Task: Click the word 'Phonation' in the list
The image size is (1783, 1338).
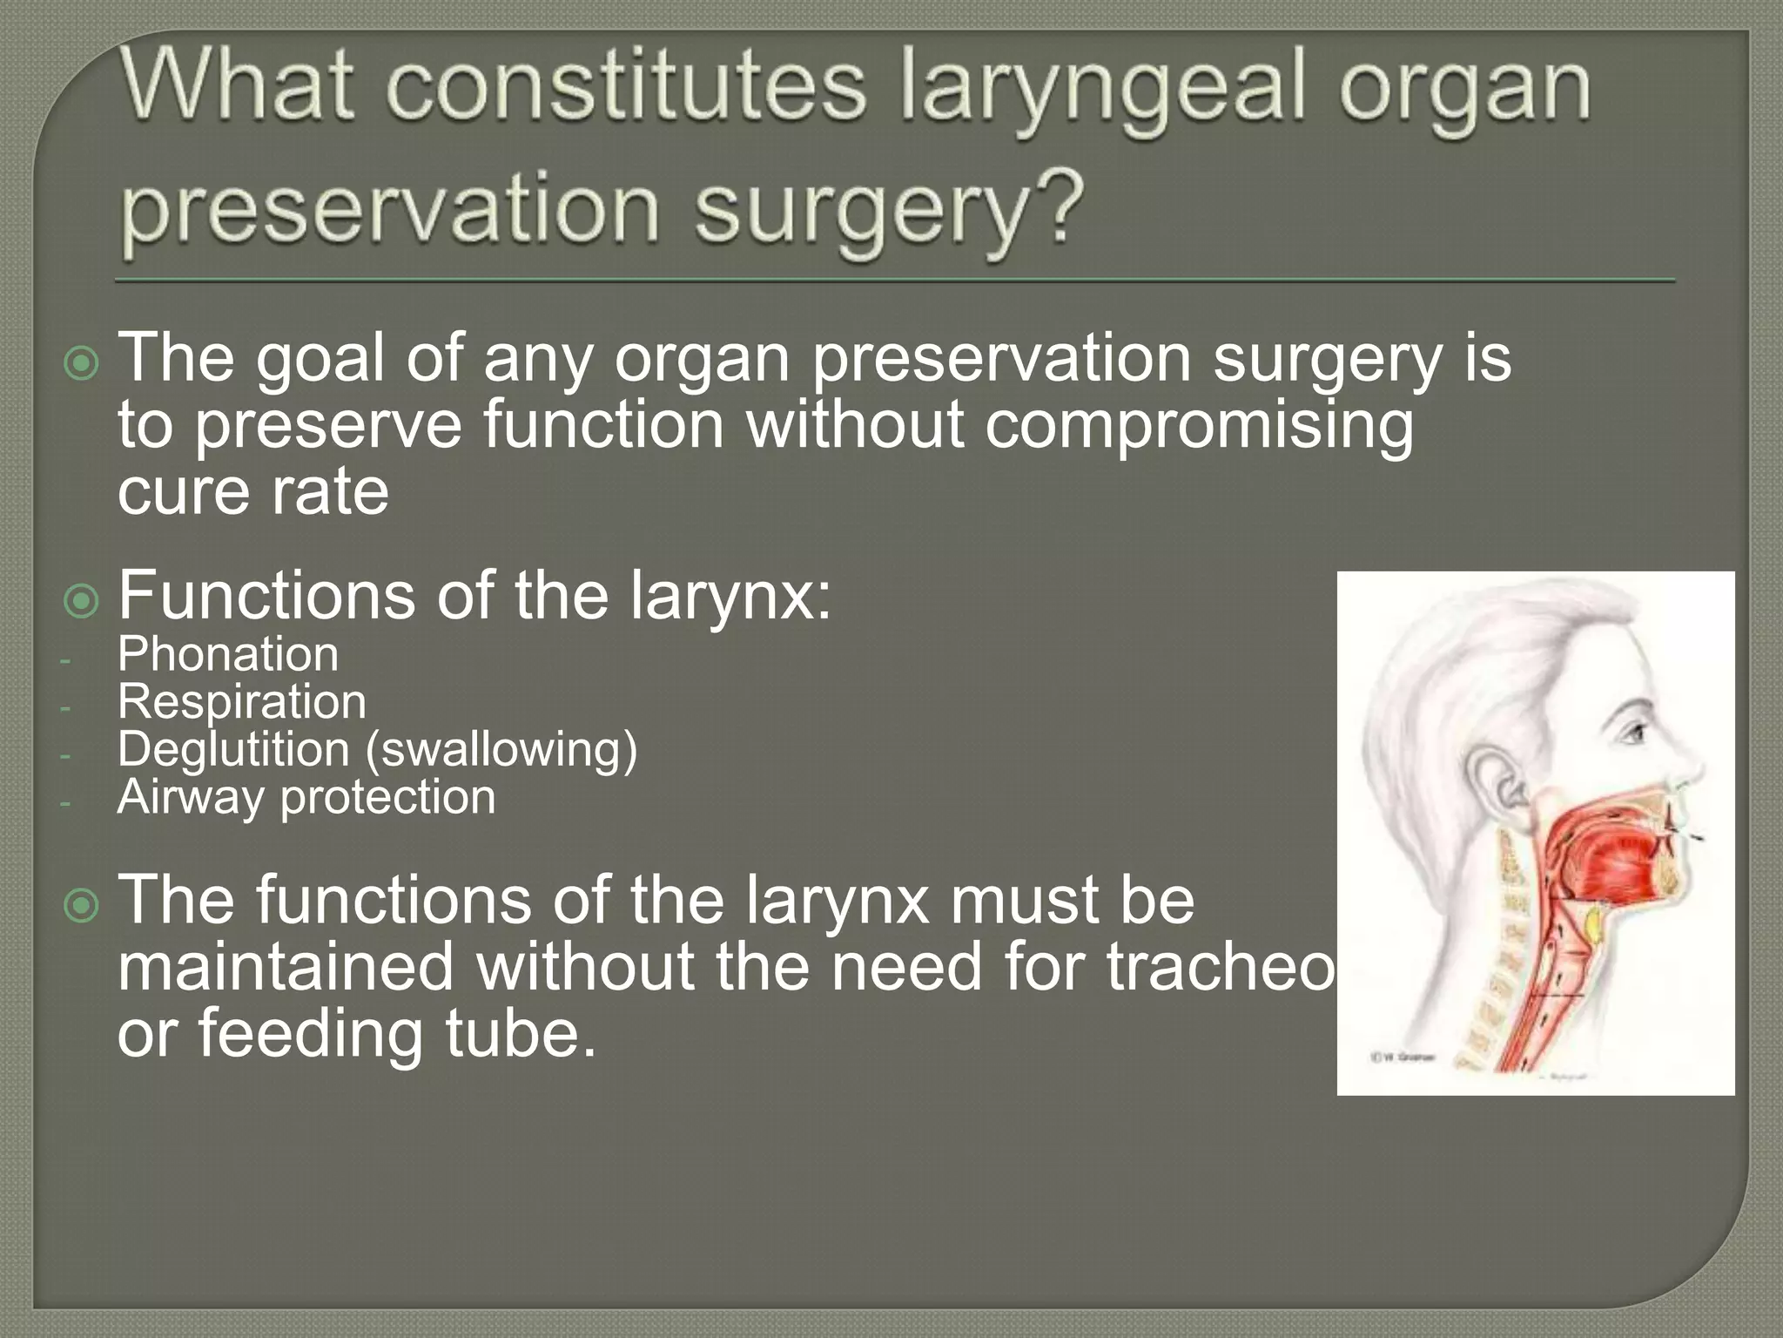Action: pos(227,654)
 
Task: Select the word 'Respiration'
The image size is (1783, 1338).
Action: pos(242,702)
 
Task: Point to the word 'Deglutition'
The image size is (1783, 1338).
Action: pos(233,749)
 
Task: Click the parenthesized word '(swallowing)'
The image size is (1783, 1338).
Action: pos(501,750)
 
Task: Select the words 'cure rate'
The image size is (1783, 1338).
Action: pos(252,492)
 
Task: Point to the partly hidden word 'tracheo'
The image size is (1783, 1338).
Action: pos(1219,967)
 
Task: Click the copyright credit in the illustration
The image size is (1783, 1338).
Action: pos(1403,1058)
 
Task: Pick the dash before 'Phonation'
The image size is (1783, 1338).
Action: pos(64,659)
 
